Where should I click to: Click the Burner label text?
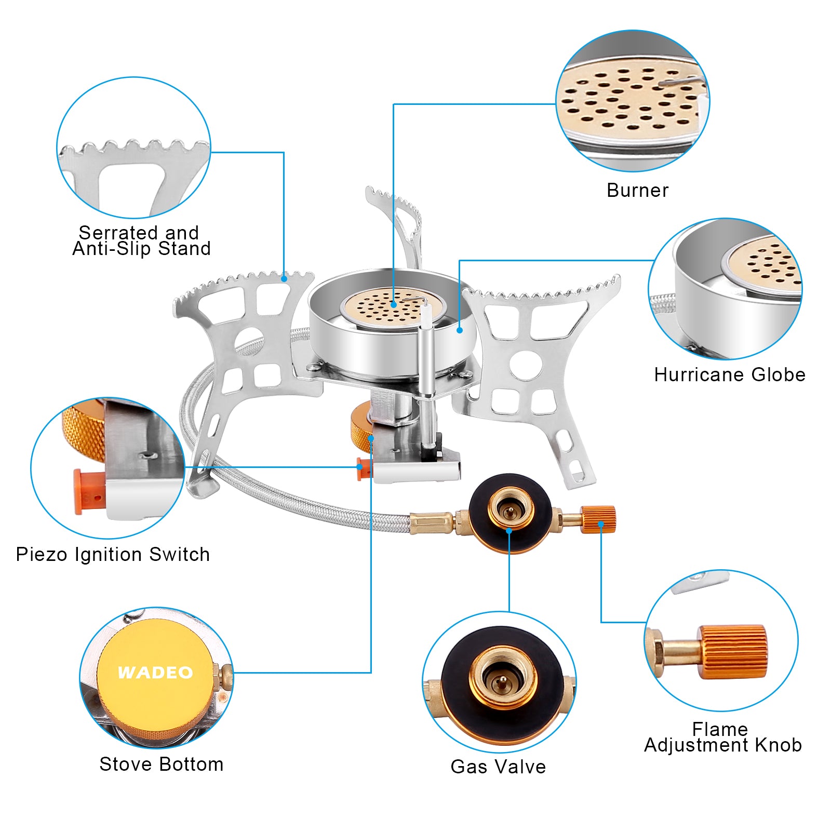pos(637,191)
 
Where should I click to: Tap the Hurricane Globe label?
pos(729,374)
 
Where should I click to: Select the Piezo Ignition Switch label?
pos(113,554)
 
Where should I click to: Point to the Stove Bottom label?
pos(161,764)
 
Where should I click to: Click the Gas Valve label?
pos(498,767)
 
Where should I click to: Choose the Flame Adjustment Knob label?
pos(722,737)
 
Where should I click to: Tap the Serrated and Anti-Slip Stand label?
pos(141,240)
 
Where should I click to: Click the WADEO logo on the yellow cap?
pos(155,673)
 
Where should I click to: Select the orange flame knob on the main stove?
pos(598,519)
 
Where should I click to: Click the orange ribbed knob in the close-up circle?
pos(732,652)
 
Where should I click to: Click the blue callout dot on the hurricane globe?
pos(460,330)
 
